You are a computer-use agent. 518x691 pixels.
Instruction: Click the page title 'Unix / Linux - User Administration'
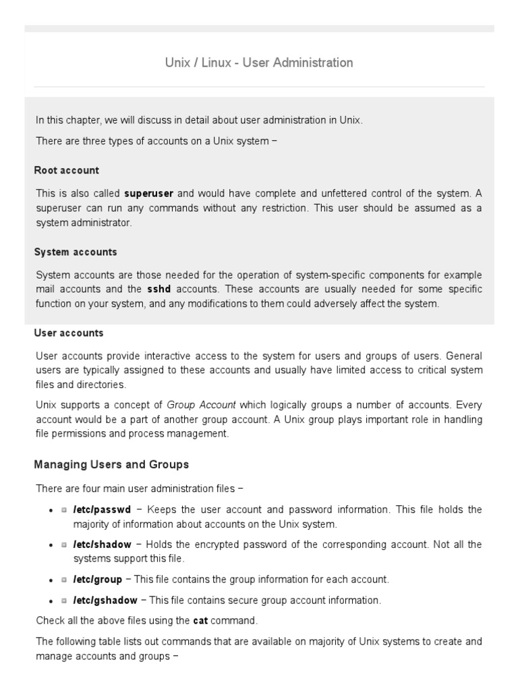259,63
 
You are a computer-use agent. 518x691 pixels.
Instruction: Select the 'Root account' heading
67,170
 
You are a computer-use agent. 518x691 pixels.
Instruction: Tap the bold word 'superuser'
150,193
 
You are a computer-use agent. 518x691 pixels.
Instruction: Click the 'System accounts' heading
76,252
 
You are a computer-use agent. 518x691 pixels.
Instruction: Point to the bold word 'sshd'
159,289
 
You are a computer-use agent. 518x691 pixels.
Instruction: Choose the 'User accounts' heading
69,333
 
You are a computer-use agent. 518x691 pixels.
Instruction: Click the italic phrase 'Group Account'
201,405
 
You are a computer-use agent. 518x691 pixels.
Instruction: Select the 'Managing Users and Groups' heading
111,464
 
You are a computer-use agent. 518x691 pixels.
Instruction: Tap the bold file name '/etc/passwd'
102,509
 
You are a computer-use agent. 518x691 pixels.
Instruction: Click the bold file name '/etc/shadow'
102,544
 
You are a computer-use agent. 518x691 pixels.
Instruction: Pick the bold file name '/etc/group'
98,579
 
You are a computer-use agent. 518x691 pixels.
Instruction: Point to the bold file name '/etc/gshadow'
105,600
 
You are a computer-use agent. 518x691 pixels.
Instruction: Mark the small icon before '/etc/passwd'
64,510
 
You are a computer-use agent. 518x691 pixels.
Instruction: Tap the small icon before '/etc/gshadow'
64,601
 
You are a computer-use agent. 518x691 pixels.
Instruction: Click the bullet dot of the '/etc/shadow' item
51,545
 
